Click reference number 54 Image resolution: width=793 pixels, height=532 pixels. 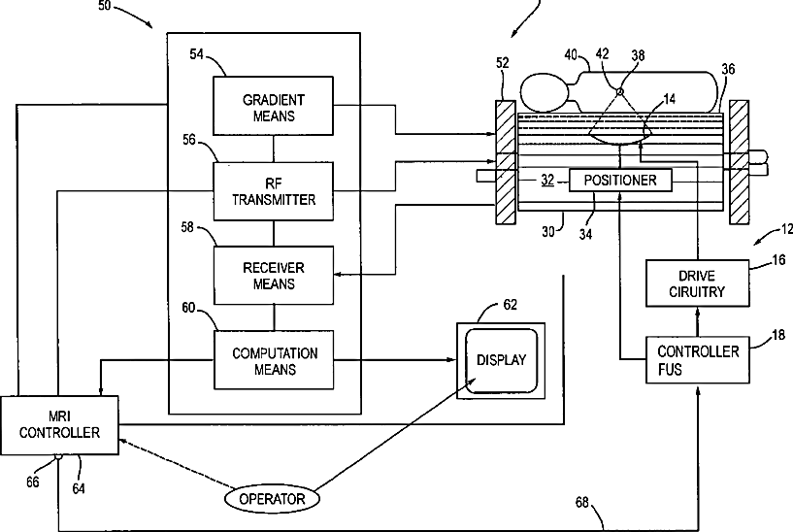click(x=197, y=54)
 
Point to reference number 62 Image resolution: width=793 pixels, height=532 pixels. click(x=511, y=305)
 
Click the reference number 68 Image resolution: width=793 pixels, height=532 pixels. click(x=582, y=502)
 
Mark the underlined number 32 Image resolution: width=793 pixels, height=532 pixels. click(x=547, y=181)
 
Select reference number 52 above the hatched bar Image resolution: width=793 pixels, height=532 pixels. click(x=502, y=63)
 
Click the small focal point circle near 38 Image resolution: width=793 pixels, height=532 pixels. click(x=620, y=91)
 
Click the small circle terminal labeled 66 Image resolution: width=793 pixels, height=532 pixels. click(x=58, y=456)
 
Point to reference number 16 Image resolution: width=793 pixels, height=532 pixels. click(x=779, y=260)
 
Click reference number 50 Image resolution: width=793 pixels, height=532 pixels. click(x=104, y=6)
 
